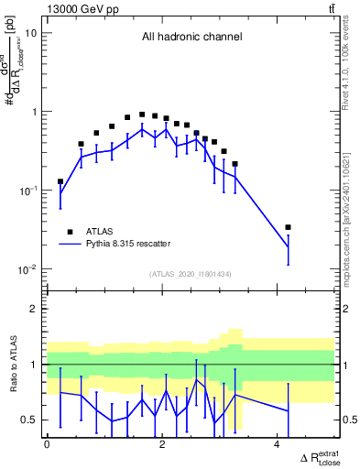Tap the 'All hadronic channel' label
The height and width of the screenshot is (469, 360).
pyautogui.click(x=191, y=38)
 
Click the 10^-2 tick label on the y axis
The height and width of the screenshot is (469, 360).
pyautogui.click(x=28, y=270)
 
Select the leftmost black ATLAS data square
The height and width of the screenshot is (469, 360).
pyautogui.click(x=60, y=181)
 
